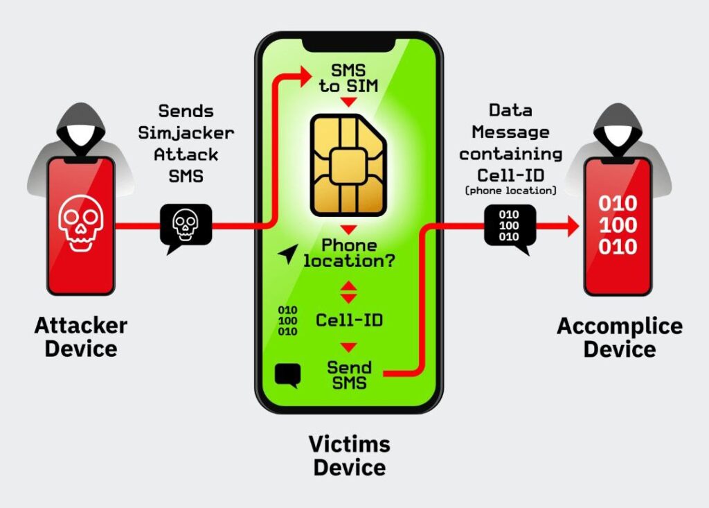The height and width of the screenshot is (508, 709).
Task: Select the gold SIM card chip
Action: (348, 165)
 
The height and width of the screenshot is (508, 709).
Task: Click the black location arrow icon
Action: (288, 254)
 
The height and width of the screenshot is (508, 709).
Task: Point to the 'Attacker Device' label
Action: (81, 338)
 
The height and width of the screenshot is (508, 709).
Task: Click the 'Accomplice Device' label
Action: (620, 338)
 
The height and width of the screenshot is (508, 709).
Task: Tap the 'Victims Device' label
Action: (350, 455)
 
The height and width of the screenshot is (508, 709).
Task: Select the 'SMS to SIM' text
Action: (349, 78)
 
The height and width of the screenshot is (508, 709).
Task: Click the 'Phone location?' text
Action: (349, 253)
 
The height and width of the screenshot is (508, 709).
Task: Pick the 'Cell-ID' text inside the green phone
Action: (350, 320)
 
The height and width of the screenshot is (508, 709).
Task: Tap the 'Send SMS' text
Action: (350, 376)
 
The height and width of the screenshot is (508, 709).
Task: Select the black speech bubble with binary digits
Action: (510, 228)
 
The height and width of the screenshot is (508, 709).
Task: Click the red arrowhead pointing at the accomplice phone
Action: (573, 226)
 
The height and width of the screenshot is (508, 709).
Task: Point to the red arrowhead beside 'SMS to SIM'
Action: (306, 76)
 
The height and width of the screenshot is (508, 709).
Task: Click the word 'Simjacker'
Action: (186, 133)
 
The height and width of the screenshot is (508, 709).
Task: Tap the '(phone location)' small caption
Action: (510, 191)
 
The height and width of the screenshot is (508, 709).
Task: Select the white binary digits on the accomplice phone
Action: (618, 225)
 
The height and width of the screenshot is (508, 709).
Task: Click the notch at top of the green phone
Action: (349, 44)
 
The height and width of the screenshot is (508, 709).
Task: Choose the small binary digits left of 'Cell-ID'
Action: (287, 321)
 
